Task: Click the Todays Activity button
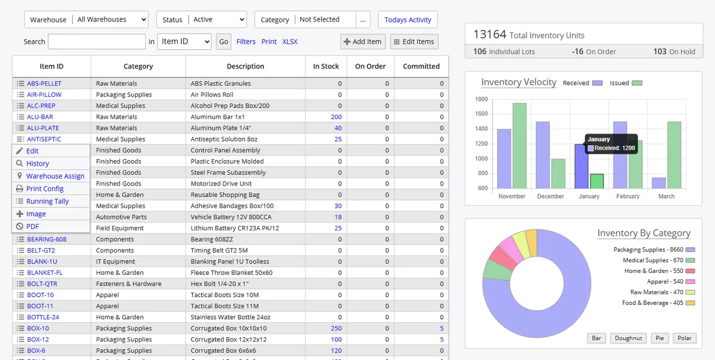pyautogui.click(x=408, y=20)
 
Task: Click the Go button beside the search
pyautogui.click(x=223, y=41)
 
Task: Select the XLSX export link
pyautogui.click(x=290, y=41)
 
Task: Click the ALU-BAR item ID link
pyautogui.click(x=40, y=117)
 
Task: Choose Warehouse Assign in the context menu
pyautogui.click(x=55, y=176)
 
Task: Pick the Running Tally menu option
pyautogui.click(x=47, y=201)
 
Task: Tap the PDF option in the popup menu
pyautogui.click(x=32, y=226)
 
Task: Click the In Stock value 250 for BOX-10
pyautogui.click(x=336, y=328)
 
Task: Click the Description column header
pyautogui.click(x=245, y=66)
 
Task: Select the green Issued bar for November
pyautogui.click(x=519, y=146)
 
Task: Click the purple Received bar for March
pyautogui.click(x=659, y=183)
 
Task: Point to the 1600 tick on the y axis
pyautogui.click(x=481, y=114)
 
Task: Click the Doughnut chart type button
pyautogui.click(x=629, y=338)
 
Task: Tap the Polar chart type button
pyautogui.click(x=684, y=338)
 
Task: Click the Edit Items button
pyautogui.click(x=414, y=41)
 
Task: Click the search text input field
pyautogui.click(x=97, y=41)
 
